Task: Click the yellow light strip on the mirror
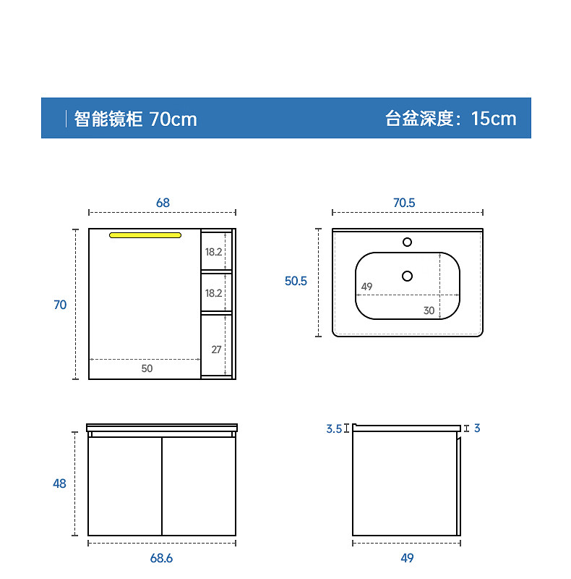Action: pos(145,234)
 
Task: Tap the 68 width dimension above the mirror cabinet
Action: pos(163,203)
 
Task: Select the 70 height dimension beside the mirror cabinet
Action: pos(60,305)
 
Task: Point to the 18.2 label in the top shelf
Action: pos(213,252)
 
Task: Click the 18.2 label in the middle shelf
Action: pos(213,293)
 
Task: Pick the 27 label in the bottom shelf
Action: pos(216,349)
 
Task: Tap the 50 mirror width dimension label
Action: pos(147,368)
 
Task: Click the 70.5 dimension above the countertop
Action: pos(404,203)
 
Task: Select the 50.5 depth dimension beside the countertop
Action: pos(296,281)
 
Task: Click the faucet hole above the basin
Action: pos(407,242)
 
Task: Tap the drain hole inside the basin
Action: pos(407,275)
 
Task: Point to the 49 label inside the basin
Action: pos(366,287)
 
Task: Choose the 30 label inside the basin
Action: pos(429,310)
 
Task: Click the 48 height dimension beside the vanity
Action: pos(59,483)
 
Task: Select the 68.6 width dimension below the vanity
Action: pos(161,558)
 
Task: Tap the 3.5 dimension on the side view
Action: pos(333,428)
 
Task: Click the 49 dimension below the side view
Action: pos(407,558)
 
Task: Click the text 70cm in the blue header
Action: pos(173,119)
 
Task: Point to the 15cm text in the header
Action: pos(494,119)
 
